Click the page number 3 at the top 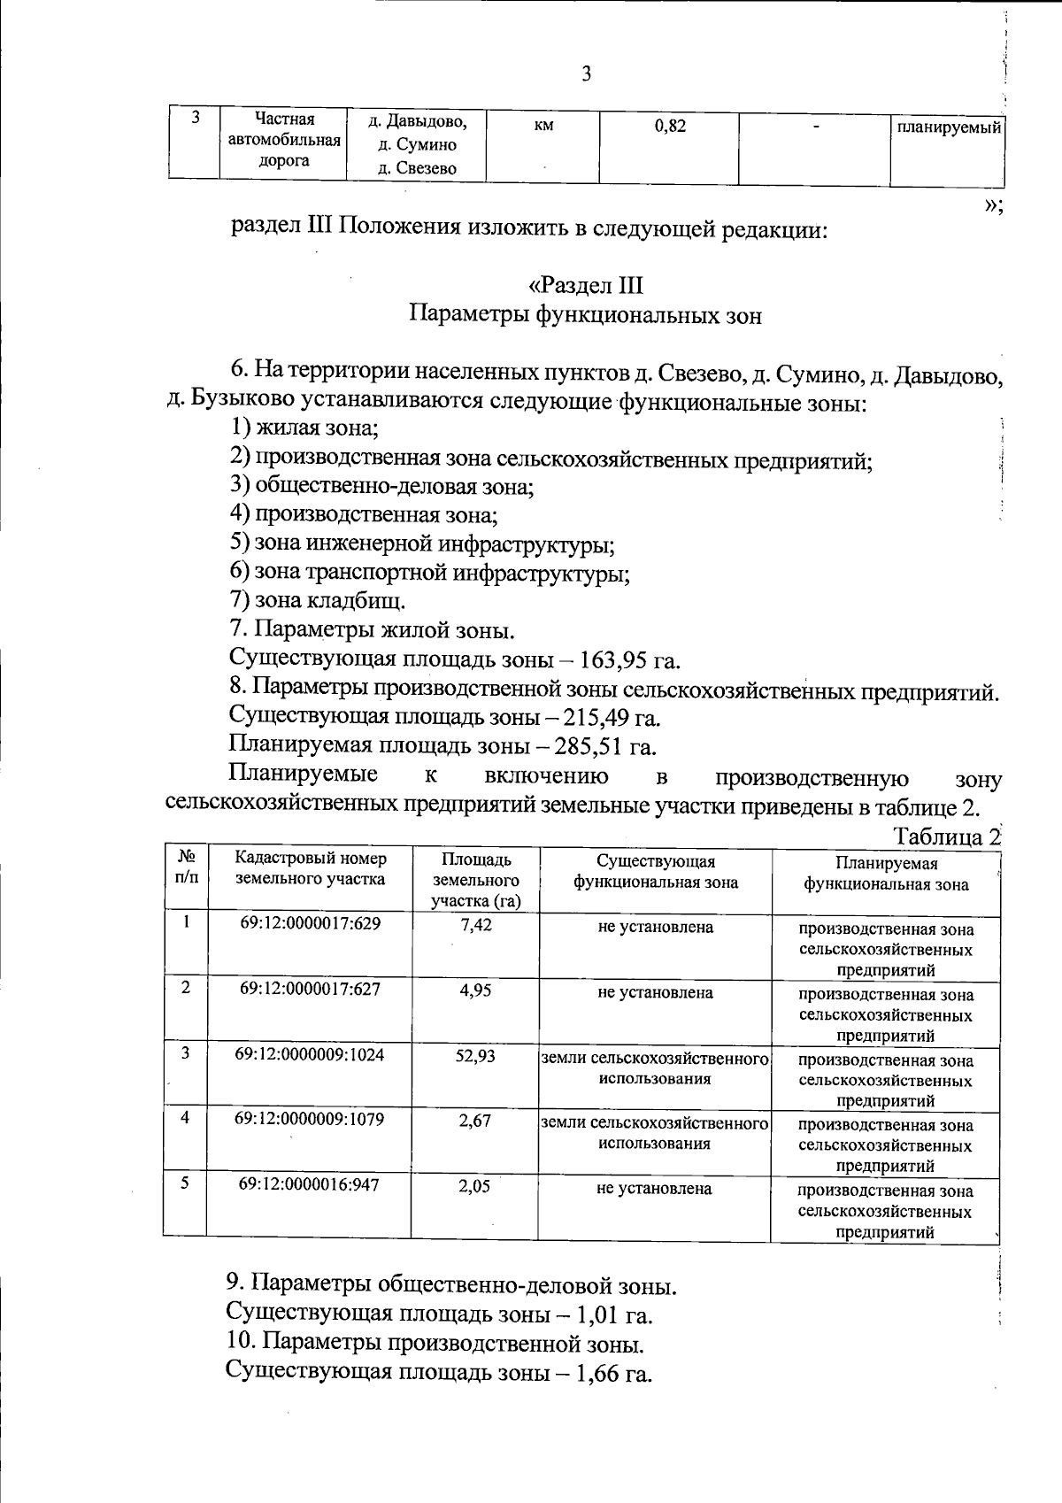coord(586,73)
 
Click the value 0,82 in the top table coord(670,126)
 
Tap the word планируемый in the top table coord(949,127)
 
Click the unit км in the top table coord(543,126)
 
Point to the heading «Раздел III coord(585,285)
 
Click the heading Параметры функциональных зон coord(585,315)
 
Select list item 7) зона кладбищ coord(318,600)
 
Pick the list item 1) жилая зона coord(304,428)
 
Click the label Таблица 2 coord(945,836)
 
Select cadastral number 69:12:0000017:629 coord(310,924)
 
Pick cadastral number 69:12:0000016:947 coord(309,1184)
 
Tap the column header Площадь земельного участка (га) coord(475,880)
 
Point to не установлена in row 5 coord(654,1189)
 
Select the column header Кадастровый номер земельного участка coord(310,868)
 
